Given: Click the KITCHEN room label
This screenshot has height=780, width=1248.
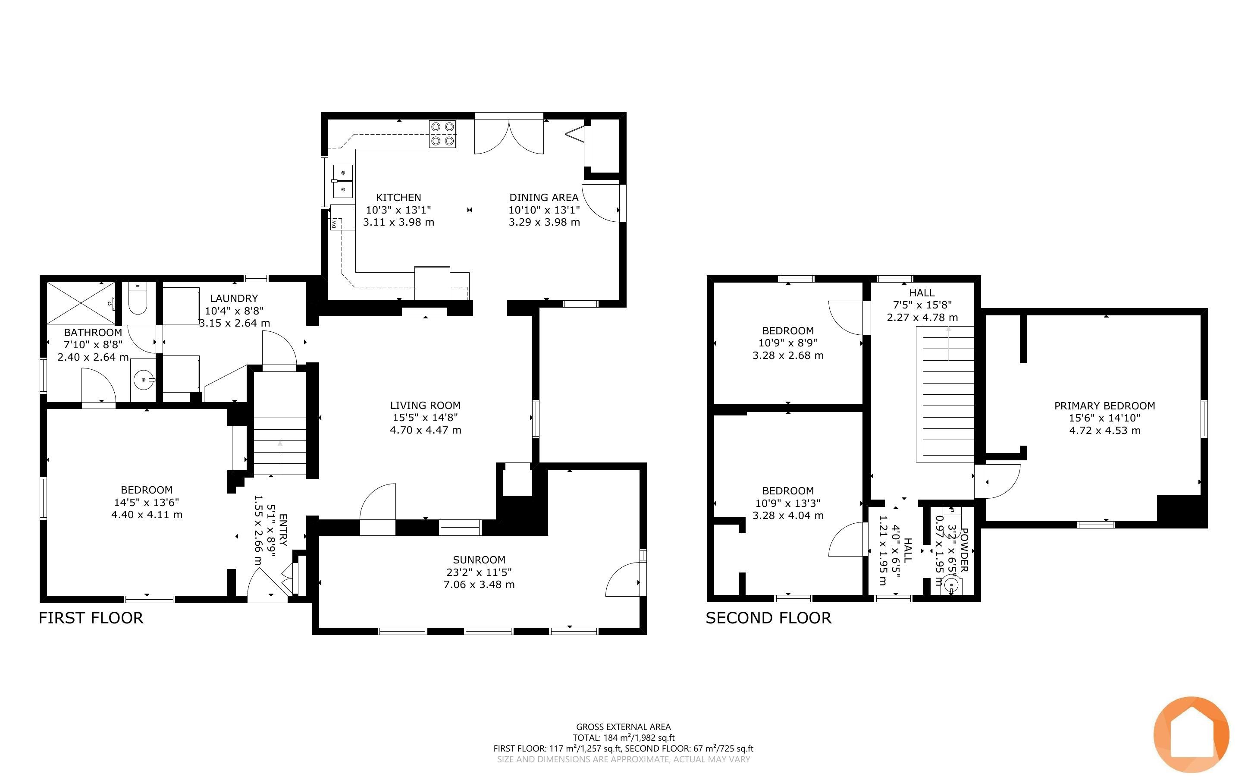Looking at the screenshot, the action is (x=398, y=197).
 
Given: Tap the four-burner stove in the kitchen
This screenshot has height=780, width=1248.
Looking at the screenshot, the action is (x=442, y=134).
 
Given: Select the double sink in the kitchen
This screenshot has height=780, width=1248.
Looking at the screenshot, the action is (x=342, y=181).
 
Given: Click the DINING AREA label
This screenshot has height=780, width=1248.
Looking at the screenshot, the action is (x=544, y=197).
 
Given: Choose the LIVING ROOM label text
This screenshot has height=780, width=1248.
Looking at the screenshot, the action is (x=425, y=406).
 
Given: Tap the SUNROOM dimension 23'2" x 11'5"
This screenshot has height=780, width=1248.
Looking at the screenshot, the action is (x=479, y=572).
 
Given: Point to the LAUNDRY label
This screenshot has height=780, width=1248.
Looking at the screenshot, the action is (x=234, y=298).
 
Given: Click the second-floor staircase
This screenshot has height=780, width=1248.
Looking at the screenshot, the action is (x=945, y=394).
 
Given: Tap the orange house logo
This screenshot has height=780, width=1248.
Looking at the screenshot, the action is (x=1192, y=735).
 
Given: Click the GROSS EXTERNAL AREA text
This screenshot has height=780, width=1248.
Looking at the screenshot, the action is (x=623, y=727).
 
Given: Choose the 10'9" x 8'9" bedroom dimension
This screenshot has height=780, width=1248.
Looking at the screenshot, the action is (x=788, y=343).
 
